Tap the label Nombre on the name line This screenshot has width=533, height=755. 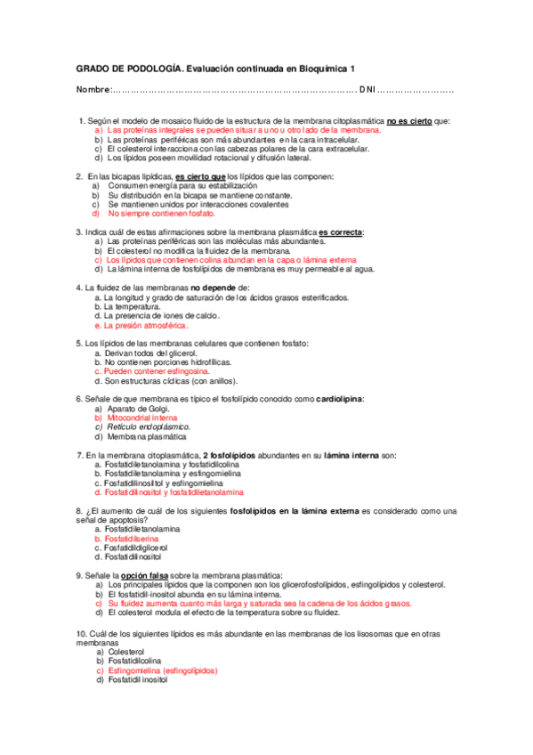(x=92, y=90)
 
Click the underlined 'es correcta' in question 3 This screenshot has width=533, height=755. (x=341, y=232)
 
